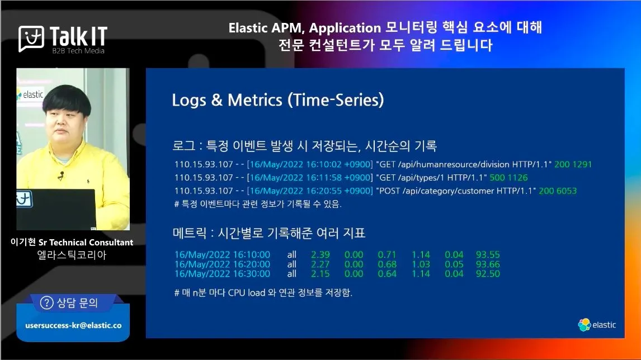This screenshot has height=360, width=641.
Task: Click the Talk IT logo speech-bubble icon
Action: [31, 39]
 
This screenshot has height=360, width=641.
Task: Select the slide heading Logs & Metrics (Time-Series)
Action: [278, 100]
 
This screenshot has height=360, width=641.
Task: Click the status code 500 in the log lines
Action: [497, 178]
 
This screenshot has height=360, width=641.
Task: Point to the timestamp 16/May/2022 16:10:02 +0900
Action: [310, 164]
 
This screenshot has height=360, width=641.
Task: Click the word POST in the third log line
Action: [389, 191]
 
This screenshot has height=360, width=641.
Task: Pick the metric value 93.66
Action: [488, 264]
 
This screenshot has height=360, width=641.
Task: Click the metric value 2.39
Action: [320, 254]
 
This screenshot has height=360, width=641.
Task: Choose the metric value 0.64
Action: [387, 274]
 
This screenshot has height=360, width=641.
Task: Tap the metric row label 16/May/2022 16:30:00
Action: [222, 274]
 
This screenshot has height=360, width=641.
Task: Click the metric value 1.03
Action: [421, 264]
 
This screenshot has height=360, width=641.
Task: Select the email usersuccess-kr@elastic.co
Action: [74, 326]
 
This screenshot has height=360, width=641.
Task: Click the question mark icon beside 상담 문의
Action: [46, 303]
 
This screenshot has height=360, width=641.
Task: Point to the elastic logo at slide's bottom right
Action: [597, 325]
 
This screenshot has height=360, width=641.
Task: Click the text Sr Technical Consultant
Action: [86, 242]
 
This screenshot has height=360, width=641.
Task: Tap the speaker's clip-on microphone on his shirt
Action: [61, 176]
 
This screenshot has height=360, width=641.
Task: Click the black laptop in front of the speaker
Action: [56, 209]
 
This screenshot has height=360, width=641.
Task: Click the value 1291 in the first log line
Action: [582, 164]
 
